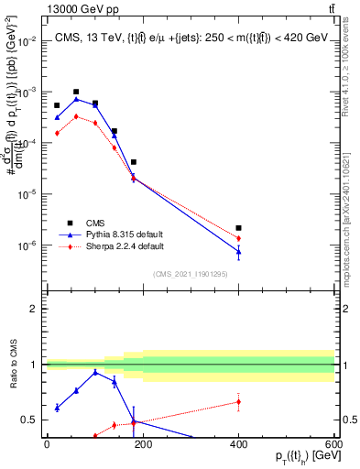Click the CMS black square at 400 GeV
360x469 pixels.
coord(238,228)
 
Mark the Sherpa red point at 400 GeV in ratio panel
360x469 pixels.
coord(238,401)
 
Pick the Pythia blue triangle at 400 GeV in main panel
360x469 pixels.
coord(238,251)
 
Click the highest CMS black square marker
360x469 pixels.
coord(76,92)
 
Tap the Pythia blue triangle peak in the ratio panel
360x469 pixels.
coord(95,372)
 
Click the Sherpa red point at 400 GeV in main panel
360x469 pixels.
coord(238,238)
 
